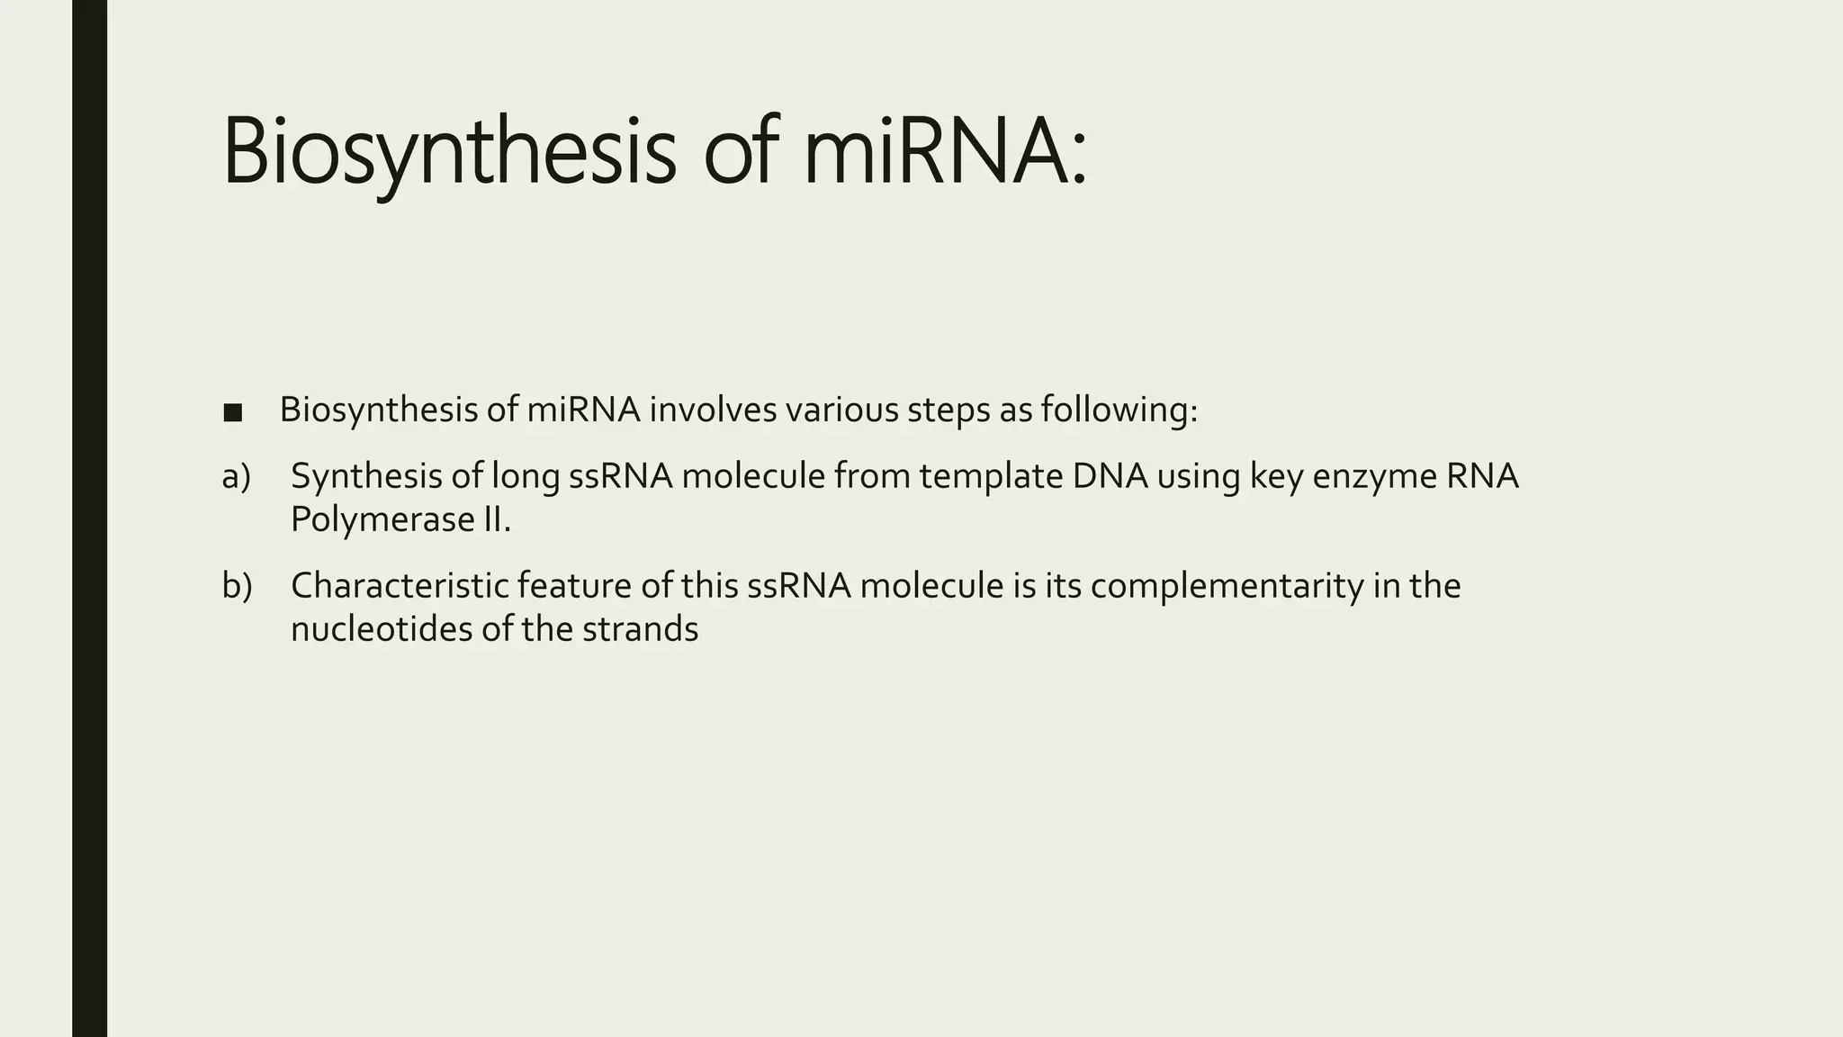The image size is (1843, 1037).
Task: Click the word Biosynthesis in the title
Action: (x=448, y=153)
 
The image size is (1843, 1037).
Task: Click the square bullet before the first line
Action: (x=232, y=413)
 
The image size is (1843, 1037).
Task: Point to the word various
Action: (x=841, y=410)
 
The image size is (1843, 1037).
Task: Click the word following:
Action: (x=1119, y=410)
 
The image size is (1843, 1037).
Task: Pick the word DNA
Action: (x=1110, y=476)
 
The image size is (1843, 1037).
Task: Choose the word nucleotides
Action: (x=382, y=629)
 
